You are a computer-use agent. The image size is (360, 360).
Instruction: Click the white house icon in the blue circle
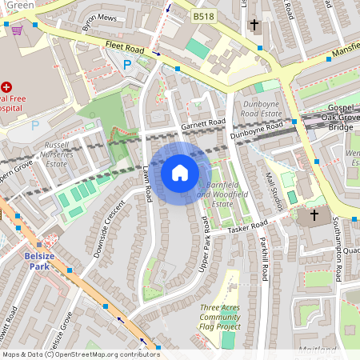point(180,173)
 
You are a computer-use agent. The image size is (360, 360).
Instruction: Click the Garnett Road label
point(203,123)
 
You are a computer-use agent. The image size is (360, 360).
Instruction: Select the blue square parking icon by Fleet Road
point(126,65)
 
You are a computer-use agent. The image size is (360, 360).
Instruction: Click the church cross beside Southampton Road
point(314,215)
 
